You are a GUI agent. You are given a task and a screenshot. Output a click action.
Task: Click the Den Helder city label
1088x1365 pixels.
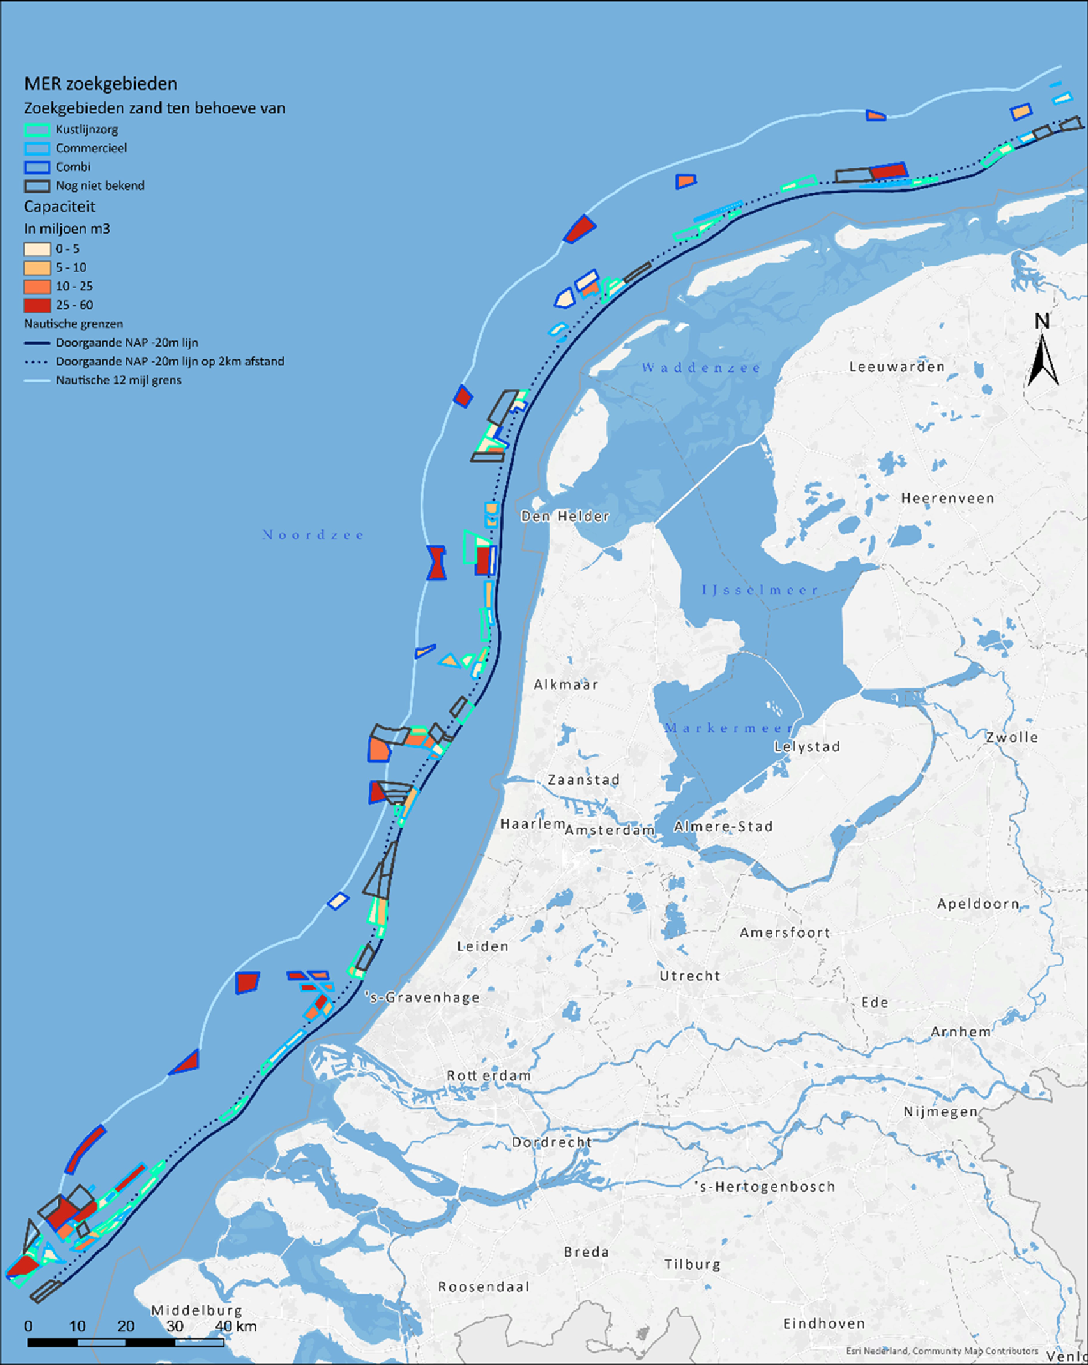[565, 516]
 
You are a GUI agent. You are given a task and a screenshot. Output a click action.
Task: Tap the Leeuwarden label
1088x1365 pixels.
[897, 367]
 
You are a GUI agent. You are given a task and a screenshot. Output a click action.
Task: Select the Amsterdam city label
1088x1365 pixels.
[609, 830]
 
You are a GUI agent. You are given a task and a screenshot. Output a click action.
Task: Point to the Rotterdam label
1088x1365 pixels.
[489, 1076]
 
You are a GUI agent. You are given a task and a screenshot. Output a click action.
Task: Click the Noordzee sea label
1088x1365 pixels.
[313, 535]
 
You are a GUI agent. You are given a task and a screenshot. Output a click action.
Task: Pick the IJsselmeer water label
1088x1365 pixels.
[760, 590]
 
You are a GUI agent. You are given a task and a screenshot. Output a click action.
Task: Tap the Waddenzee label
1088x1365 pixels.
[701, 367]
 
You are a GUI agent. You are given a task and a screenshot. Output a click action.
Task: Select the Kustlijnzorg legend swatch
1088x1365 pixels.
[37, 130]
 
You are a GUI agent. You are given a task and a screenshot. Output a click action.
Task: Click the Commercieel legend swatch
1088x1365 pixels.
[37, 149]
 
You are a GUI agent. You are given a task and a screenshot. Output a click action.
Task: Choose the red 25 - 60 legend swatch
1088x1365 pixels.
[37, 305]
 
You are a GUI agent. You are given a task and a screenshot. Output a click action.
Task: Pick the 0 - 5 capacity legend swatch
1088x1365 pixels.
[37, 249]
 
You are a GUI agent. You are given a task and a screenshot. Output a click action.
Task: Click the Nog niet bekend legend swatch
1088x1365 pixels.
[37, 186]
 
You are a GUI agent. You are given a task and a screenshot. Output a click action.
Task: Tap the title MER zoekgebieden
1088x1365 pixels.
[101, 84]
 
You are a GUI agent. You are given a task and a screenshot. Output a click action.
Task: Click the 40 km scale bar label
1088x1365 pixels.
[235, 1326]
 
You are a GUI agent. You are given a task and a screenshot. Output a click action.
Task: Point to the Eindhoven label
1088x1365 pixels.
[824, 1324]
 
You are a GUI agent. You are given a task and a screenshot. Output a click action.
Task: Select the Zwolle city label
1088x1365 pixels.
[1011, 737]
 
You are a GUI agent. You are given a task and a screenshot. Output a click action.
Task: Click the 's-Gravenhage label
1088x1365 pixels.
[423, 998]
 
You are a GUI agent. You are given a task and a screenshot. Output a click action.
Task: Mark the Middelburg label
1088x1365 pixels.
[197, 1310]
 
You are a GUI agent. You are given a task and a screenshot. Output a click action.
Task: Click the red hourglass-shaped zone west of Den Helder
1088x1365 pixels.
[436, 563]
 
